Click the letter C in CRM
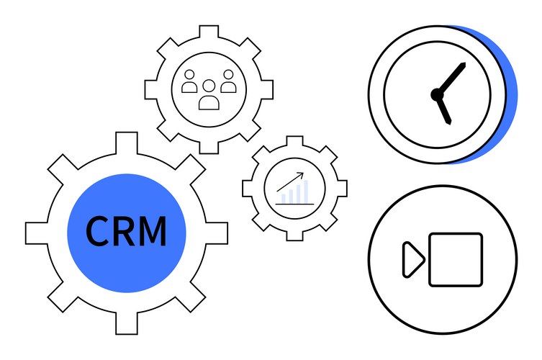click(x=98, y=231)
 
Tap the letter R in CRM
click(x=123, y=231)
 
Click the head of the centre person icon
click(x=209, y=86)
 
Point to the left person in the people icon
click(x=189, y=82)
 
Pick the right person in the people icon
click(x=229, y=82)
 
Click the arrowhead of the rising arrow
click(x=302, y=175)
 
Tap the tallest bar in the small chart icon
click(x=305, y=192)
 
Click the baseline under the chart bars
click(x=294, y=204)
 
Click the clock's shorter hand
click(x=443, y=108)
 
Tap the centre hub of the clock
click(x=435, y=94)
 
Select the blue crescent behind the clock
click(x=510, y=94)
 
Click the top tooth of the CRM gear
click(x=126, y=141)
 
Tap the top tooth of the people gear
click(x=209, y=32)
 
